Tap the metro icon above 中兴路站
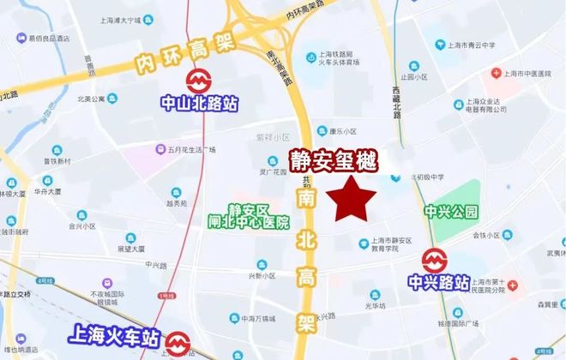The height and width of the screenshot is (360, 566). tap(434, 258)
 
